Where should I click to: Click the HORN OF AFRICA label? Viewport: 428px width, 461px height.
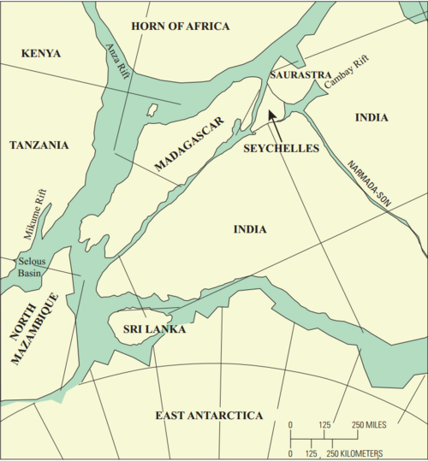pos(181,27)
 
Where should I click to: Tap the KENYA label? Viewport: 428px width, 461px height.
pos(41,53)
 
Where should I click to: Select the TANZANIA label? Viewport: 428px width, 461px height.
pos(39,145)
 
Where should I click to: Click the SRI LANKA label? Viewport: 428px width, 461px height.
pos(154,328)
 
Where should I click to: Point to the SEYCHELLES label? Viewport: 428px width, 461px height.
pos(279,148)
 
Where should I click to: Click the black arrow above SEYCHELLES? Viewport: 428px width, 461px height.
pos(274,120)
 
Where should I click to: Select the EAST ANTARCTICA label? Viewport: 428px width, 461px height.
pos(209,415)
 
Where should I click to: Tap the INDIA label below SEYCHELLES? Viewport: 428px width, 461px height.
pos(251,229)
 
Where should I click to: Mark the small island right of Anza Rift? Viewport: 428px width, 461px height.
pos(152,110)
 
